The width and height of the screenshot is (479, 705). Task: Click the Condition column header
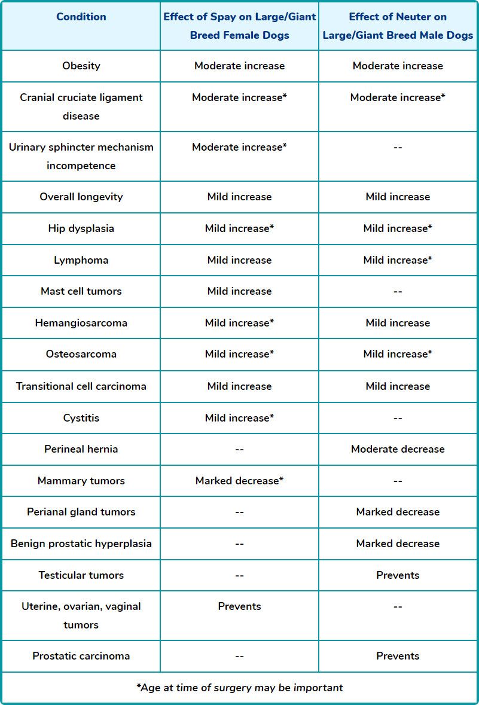coord(81,17)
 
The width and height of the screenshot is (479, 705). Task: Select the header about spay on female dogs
coord(239,26)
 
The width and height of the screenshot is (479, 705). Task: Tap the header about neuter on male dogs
coord(398,26)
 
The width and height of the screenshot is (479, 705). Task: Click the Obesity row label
coord(81,66)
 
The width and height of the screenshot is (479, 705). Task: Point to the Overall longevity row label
coord(81,197)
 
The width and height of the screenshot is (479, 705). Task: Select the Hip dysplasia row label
coord(81,228)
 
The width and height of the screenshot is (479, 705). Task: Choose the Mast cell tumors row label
coord(81,291)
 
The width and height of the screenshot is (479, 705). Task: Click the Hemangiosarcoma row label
coord(81,323)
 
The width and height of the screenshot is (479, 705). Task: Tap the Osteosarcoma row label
coord(81,354)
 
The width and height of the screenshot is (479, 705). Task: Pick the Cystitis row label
coord(81,417)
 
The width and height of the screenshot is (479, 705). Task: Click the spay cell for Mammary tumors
coord(239,481)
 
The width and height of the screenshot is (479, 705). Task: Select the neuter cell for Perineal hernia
coord(398,449)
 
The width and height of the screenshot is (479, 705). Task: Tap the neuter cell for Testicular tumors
coord(398,575)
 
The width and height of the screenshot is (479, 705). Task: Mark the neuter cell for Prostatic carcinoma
coord(398,656)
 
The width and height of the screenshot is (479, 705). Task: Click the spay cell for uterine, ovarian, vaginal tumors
coord(239,606)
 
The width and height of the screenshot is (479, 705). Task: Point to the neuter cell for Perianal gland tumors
coord(398,512)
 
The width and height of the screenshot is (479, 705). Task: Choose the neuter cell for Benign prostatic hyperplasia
coord(398,544)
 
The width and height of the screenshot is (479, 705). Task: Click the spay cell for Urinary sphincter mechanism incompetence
coord(239,147)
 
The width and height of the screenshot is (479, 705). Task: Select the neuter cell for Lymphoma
coord(398,260)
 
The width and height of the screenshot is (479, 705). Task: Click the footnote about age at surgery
coord(239,688)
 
